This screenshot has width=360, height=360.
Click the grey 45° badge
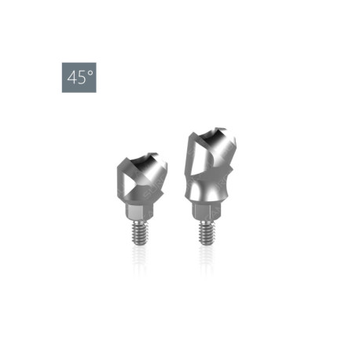pyautogui.click(x=79, y=77)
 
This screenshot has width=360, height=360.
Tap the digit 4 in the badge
pyautogui.click(x=72, y=78)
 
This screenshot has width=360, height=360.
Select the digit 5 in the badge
pyautogui.click(x=82, y=78)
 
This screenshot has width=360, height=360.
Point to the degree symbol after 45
pyautogui.click(x=90, y=73)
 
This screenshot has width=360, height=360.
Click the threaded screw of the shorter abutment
pyautogui.click(x=139, y=233)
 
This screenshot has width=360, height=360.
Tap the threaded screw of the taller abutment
pyautogui.click(x=206, y=233)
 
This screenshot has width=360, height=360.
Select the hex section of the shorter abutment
pyautogui.click(x=136, y=211)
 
